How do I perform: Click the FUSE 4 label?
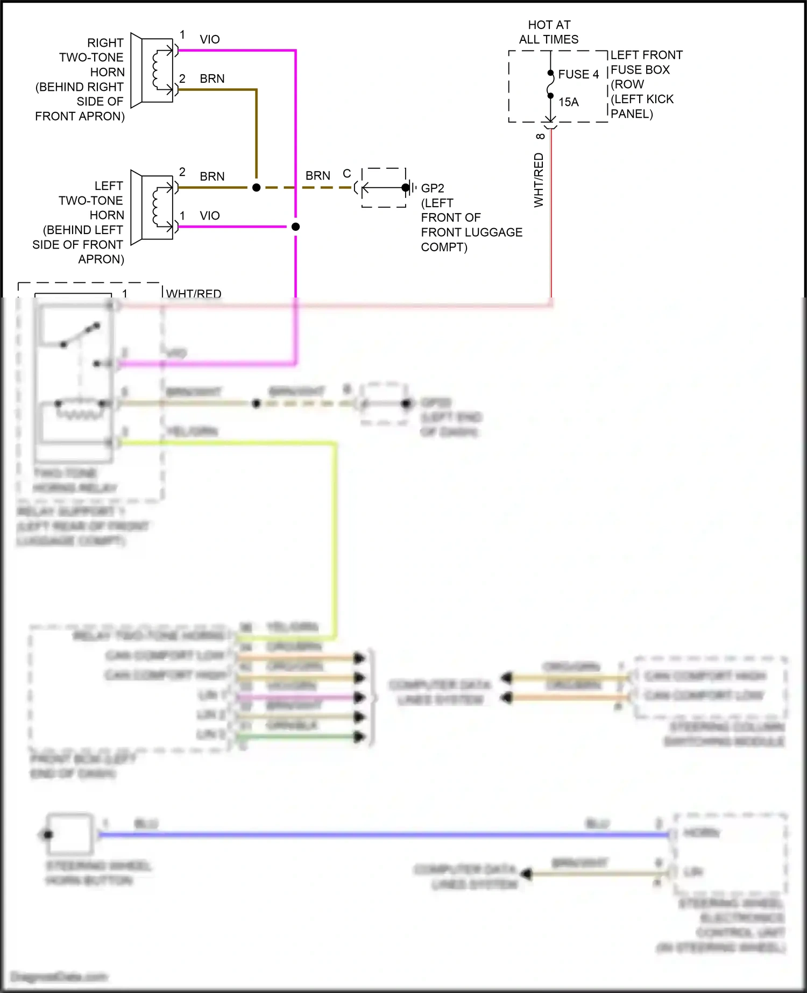578,74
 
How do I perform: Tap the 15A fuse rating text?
568,102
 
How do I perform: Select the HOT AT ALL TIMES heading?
549,32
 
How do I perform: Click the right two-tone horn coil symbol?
157,70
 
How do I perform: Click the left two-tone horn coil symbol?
157,207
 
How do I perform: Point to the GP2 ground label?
433,188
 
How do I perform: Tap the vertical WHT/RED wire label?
539,180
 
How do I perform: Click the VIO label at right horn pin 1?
209,39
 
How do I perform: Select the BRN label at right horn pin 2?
212,79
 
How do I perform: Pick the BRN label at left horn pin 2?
212,176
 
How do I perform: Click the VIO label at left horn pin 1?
209,216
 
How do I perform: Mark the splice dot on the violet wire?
295,226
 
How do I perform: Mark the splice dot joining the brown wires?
256,187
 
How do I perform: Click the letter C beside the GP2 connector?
347,174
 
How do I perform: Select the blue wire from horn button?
377,835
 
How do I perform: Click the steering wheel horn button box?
70,834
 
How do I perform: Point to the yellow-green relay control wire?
336,538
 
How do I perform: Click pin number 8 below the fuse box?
540,136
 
